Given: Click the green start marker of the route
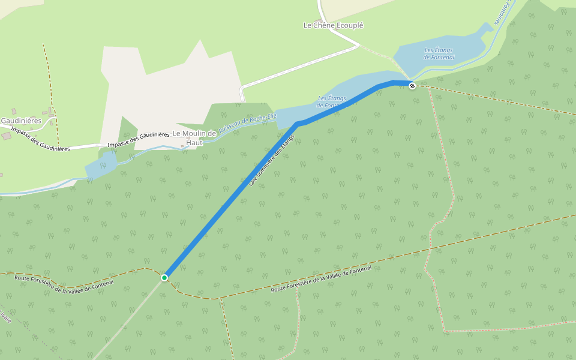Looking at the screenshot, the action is (x=164, y=277).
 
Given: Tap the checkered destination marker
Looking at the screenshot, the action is (x=412, y=86).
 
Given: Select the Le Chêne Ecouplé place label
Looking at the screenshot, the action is (x=334, y=25).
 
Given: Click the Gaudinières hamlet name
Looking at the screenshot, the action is (x=21, y=120).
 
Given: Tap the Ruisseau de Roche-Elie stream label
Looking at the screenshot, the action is (x=247, y=123).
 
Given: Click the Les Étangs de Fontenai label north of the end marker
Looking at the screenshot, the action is (x=439, y=53).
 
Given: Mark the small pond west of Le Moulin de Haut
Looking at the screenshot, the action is (x=100, y=165).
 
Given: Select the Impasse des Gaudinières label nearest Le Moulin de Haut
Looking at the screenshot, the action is (x=138, y=140).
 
